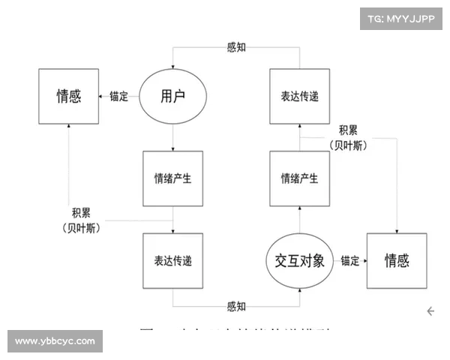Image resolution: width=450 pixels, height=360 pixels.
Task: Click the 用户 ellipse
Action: pos(172,96)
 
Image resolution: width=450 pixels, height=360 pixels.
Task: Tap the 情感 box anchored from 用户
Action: pos(69,96)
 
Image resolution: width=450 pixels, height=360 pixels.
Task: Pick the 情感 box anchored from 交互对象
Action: pos(397,260)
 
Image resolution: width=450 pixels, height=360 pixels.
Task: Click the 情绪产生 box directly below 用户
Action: pos(172,178)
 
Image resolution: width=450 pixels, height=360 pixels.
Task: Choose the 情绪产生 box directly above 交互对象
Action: pos(299,178)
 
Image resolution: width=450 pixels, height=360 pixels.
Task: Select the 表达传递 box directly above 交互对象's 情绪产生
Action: pos(299,96)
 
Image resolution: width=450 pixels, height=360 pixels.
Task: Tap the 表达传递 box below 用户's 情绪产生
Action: pos(172,260)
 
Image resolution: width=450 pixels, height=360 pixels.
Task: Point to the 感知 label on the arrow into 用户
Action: pos(235,47)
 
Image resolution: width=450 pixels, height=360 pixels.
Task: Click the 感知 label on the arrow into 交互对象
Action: pos(235,306)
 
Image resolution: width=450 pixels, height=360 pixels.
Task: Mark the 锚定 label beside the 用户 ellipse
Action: pos(118,96)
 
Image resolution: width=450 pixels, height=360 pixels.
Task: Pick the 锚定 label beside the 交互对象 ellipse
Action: pos(349,261)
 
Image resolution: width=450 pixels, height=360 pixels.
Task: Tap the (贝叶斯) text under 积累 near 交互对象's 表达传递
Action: pos(349,145)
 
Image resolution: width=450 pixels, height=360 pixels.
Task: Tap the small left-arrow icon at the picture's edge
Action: pos(432,310)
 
